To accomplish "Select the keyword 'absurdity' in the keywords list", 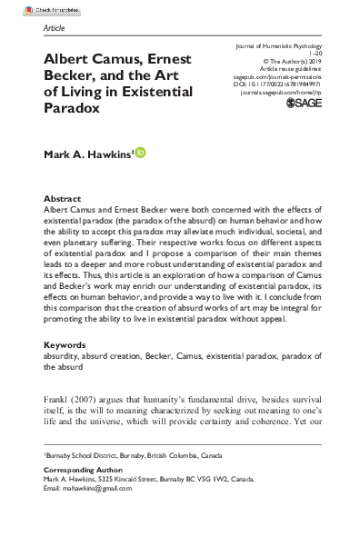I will pos(63,357).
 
